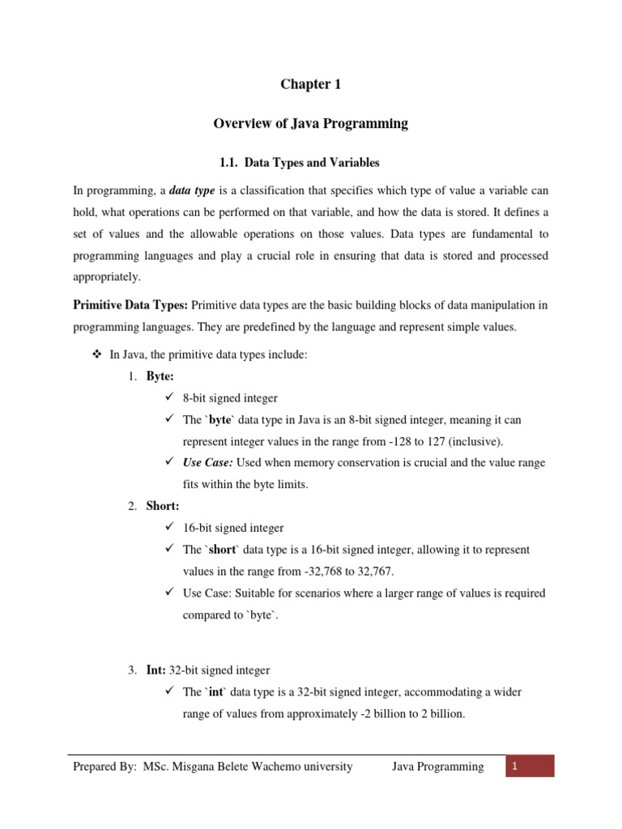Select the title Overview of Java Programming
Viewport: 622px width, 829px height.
(311, 124)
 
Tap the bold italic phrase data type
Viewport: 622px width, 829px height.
(191, 191)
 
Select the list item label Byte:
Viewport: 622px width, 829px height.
(160, 377)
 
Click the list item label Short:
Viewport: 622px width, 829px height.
(162, 506)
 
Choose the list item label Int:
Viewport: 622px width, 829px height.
(157, 670)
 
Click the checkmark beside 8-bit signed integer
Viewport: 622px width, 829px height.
(168, 398)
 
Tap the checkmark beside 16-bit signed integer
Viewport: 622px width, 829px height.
(168, 528)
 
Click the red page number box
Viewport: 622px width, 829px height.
(530, 767)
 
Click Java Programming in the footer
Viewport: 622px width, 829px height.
(438, 767)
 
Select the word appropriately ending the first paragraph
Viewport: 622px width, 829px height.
(107, 276)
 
